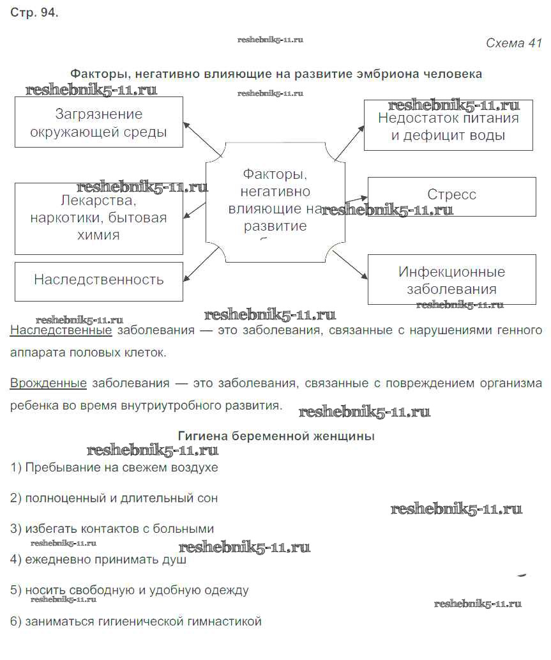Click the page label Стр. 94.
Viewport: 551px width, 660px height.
pyautogui.click(x=34, y=13)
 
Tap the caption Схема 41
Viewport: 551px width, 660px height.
pyautogui.click(x=513, y=43)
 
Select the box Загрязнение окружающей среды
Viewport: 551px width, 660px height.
pyautogui.click(x=98, y=123)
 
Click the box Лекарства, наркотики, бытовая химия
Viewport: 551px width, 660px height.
pyautogui.click(x=98, y=218)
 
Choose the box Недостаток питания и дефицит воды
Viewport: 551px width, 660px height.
pyautogui.click(x=448, y=126)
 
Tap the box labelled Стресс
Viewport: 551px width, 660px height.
pyautogui.click(x=451, y=195)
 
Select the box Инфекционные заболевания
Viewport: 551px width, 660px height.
pyautogui.click(x=451, y=280)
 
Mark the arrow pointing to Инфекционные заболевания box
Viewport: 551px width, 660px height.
pyautogui.click(x=351, y=264)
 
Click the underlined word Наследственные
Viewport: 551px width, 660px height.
pyautogui.click(x=61, y=330)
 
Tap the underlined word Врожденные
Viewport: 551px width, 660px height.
pyautogui.click(x=49, y=383)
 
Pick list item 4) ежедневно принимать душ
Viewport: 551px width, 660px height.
pyautogui.click(x=99, y=560)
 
